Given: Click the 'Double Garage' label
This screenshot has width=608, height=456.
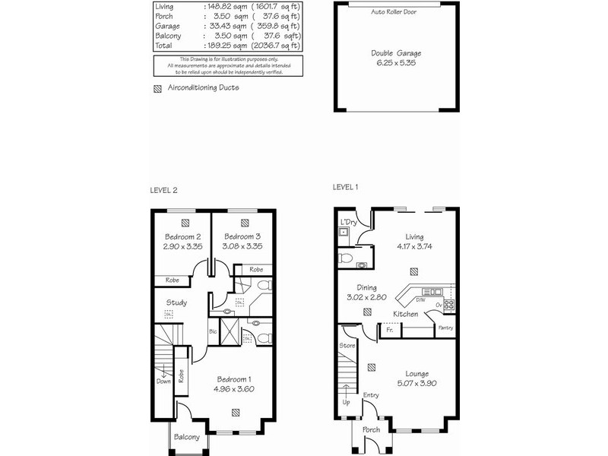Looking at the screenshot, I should (396, 53).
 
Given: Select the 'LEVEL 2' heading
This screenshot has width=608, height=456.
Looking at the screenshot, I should (163, 190).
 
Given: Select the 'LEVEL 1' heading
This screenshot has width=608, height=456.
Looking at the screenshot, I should (346, 187).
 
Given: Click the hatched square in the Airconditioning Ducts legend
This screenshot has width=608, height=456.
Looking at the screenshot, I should (157, 88).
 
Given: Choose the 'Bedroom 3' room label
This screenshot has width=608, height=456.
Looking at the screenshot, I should (242, 236).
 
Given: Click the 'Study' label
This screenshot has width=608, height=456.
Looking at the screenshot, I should (177, 302).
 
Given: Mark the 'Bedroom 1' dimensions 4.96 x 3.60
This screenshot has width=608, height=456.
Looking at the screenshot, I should (234, 389).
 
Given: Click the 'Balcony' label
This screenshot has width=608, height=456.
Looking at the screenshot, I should (186, 437).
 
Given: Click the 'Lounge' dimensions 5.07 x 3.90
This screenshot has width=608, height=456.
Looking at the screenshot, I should (416, 384).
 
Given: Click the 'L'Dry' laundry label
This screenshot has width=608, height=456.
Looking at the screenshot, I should (349, 222).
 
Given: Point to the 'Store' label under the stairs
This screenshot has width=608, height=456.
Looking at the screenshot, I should (347, 346).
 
